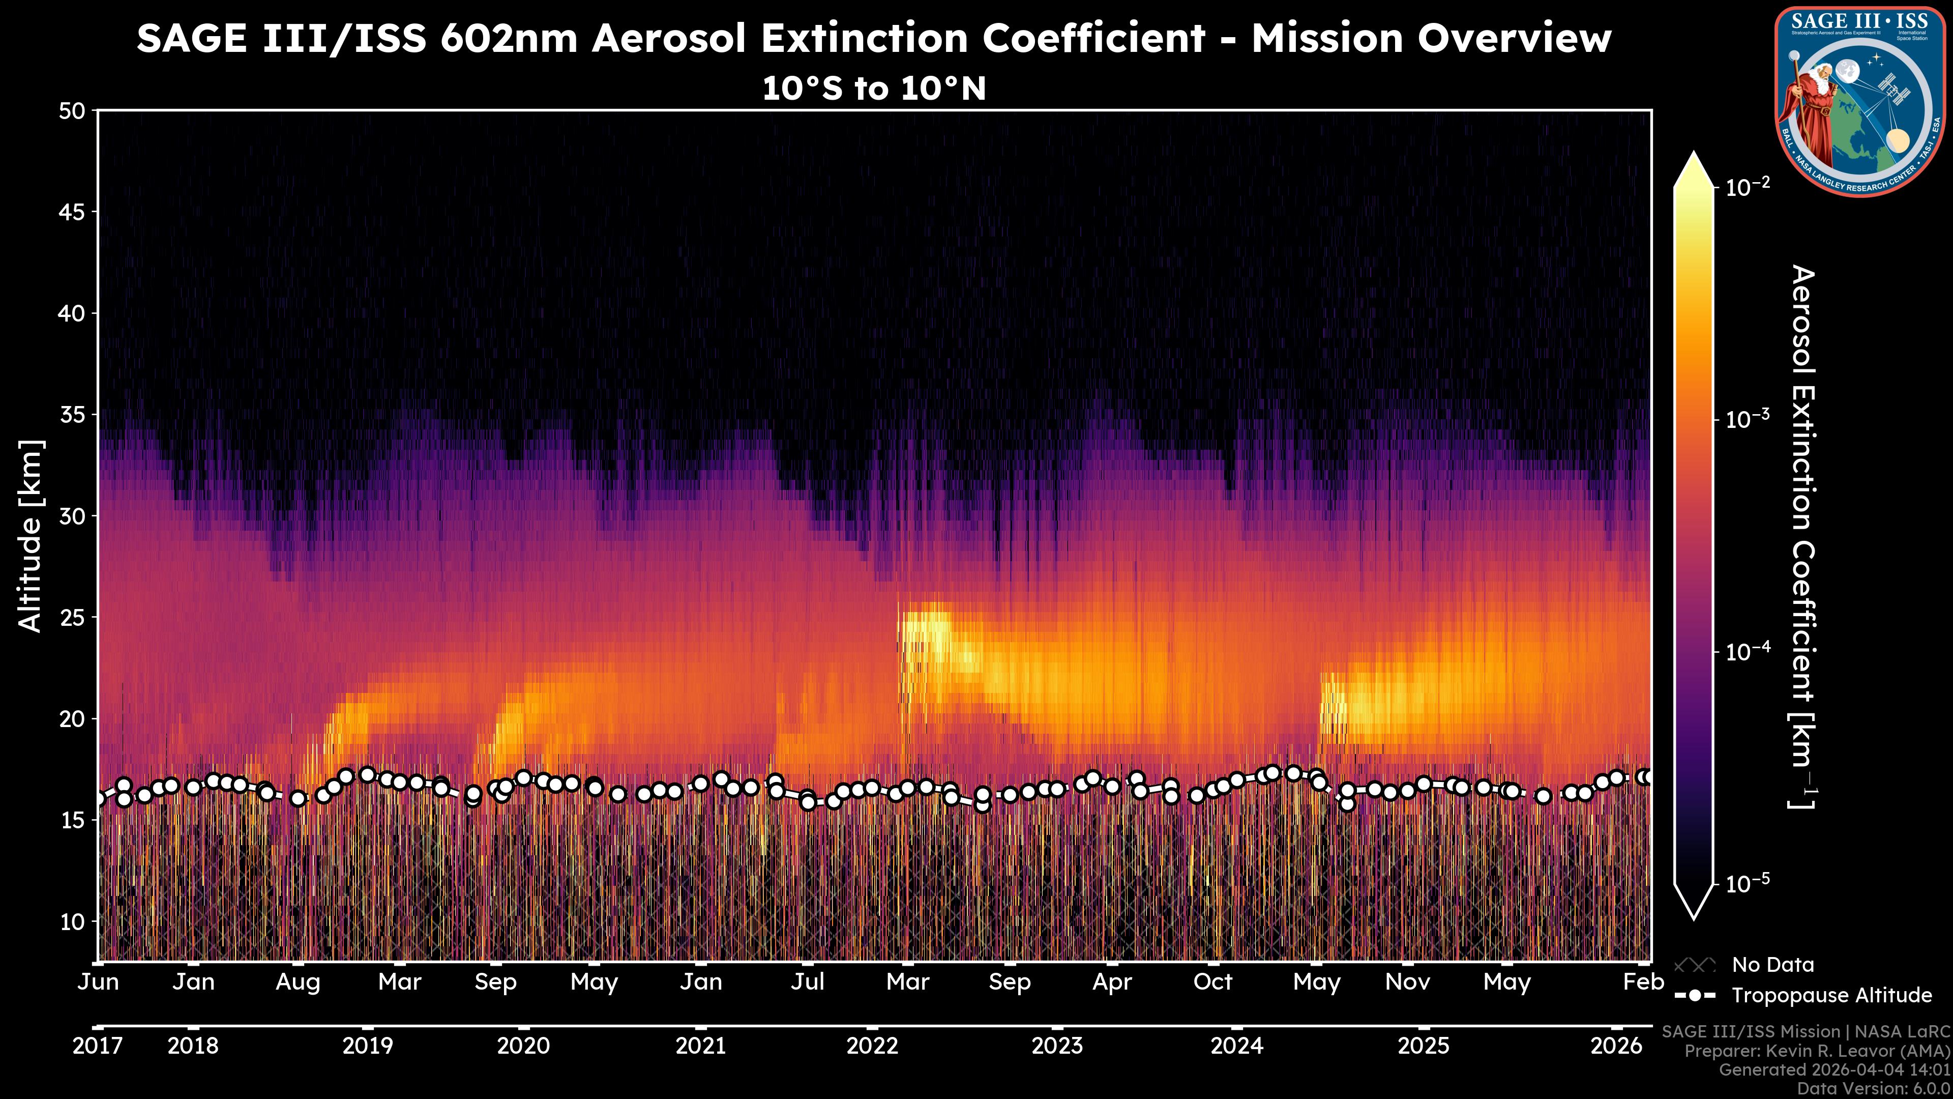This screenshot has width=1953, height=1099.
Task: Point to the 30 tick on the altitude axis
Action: (72, 516)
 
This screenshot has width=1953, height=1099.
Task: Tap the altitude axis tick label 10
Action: (72, 921)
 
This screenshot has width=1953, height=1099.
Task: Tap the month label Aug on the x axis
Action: (298, 982)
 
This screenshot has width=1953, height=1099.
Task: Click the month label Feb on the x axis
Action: (1643, 982)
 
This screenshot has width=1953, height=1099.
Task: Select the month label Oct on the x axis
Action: (1212, 982)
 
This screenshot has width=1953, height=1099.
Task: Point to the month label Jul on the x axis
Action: (808, 982)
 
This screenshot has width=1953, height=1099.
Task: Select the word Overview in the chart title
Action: (1514, 38)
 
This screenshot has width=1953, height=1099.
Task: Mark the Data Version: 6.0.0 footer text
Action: (1874, 1088)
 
